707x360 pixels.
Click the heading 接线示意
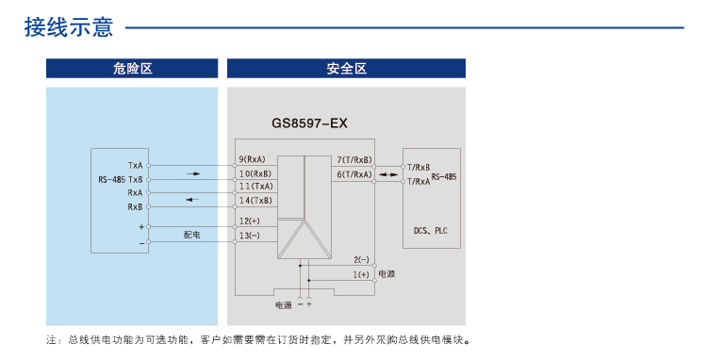click(69, 26)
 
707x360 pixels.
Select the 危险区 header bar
click(132, 69)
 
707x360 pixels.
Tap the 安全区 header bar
click(346, 69)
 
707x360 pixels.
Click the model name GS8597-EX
click(309, 123)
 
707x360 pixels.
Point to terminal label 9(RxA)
click(253, 159)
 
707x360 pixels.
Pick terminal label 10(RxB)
click(255, 173)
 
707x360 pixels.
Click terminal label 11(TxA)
click(255, 187)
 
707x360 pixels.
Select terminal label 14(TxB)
click(255, 201)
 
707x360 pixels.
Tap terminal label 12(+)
click(250, 221)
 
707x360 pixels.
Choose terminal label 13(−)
click(250, 235)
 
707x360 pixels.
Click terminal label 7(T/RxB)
click(354, 159)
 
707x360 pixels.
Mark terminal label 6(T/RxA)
click(354, 173)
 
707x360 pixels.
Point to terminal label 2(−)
click(360, 258)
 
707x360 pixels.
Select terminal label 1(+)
click(360, 273)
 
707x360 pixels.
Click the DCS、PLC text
click(432, 229)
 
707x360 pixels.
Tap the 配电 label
click(192, 234)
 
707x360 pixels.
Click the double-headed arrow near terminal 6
click(388, 174)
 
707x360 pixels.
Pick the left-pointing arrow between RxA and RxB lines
click(192, 199)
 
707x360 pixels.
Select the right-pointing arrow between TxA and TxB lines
click(193, 173)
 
